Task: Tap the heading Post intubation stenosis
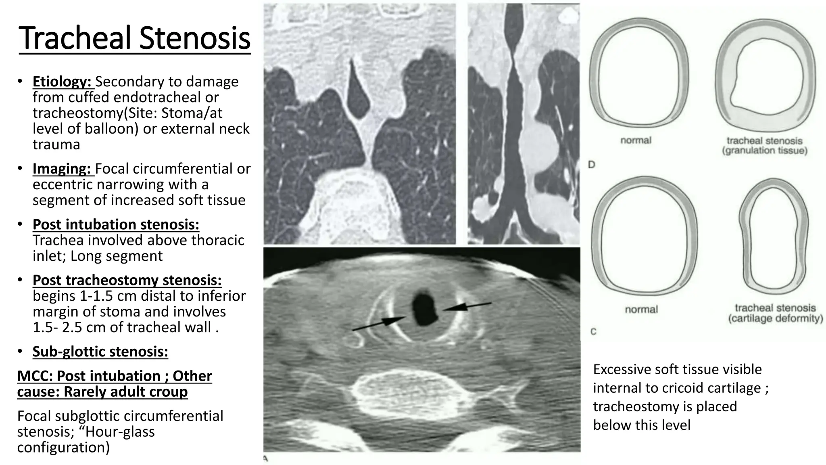(116, 224)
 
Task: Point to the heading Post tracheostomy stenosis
(127, 280)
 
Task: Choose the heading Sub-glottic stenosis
(100, 352)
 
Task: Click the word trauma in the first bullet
(56, 145)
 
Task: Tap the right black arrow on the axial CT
(467, 306)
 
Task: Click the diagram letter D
(592, 165)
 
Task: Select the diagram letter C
(593, 332)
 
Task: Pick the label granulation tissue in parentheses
(764, 151)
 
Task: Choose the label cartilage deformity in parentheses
(775, 318)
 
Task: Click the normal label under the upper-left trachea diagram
(636, 140)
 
